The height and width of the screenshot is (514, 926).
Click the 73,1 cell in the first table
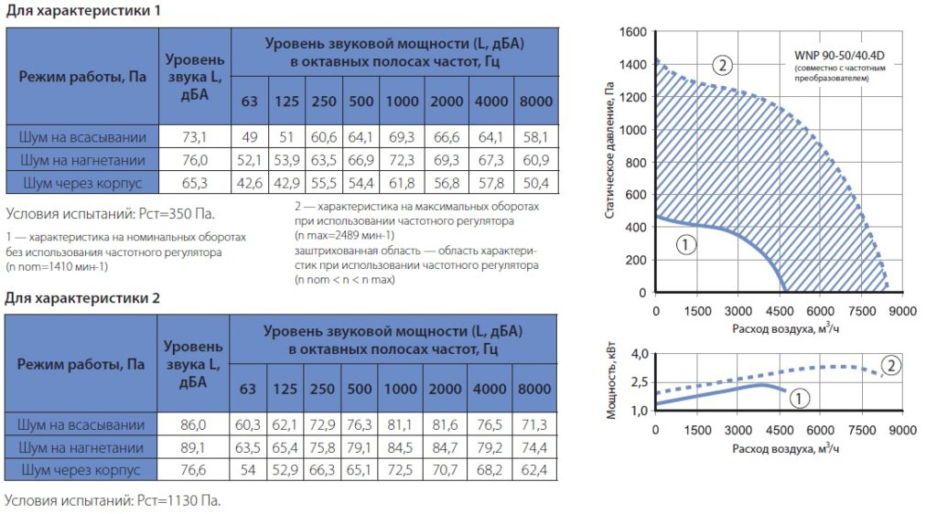tap(194, 137)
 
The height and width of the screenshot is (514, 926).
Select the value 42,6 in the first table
tap(249, 183)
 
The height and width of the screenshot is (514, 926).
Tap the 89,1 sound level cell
tap(192, 448)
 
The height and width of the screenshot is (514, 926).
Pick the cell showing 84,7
tap(445, 448)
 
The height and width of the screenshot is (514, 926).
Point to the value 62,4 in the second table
tap(533, 470)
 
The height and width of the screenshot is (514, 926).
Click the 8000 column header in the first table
tap(535, 101)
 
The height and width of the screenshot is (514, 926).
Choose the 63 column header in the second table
tap(247, 389)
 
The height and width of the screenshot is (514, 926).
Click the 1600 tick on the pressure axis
tap(632, 32)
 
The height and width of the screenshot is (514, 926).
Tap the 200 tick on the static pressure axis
tap(636, 261)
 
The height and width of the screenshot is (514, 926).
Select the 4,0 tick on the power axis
tap(640, 354)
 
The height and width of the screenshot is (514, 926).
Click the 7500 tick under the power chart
tap(862, 430)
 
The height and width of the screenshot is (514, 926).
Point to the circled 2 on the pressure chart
tap(722, 64)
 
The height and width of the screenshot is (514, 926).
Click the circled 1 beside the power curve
tap(799, 399)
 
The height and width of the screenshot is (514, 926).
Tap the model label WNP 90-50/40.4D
tap(839, 56)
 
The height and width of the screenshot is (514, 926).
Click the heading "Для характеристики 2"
tap(82, 298)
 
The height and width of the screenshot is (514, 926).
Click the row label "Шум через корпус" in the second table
tap(81, 470)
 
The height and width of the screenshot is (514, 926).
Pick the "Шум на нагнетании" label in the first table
tap(82, 160)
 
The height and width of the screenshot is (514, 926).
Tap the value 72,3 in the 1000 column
tap(402, 160)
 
